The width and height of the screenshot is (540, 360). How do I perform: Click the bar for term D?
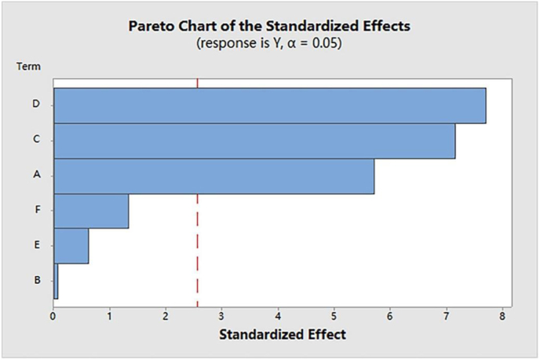[269, 105]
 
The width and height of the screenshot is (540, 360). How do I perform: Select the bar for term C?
[254, 141]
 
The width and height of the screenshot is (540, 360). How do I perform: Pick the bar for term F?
[91, 211]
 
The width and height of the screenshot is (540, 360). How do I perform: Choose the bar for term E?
[71, 246]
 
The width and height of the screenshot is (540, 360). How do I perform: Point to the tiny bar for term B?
[56, 281]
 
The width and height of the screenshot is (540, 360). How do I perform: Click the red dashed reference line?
[198, 235]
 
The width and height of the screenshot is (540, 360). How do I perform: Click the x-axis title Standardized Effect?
[282, 335]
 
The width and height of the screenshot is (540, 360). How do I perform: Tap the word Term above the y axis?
[29, 67]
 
